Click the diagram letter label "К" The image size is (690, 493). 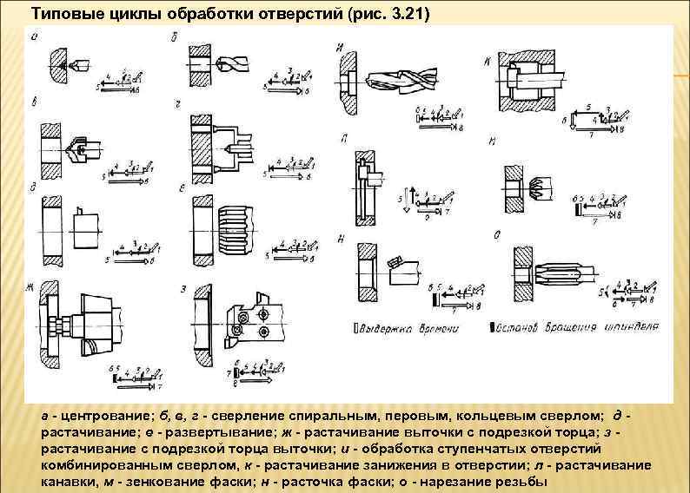point(488,58)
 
